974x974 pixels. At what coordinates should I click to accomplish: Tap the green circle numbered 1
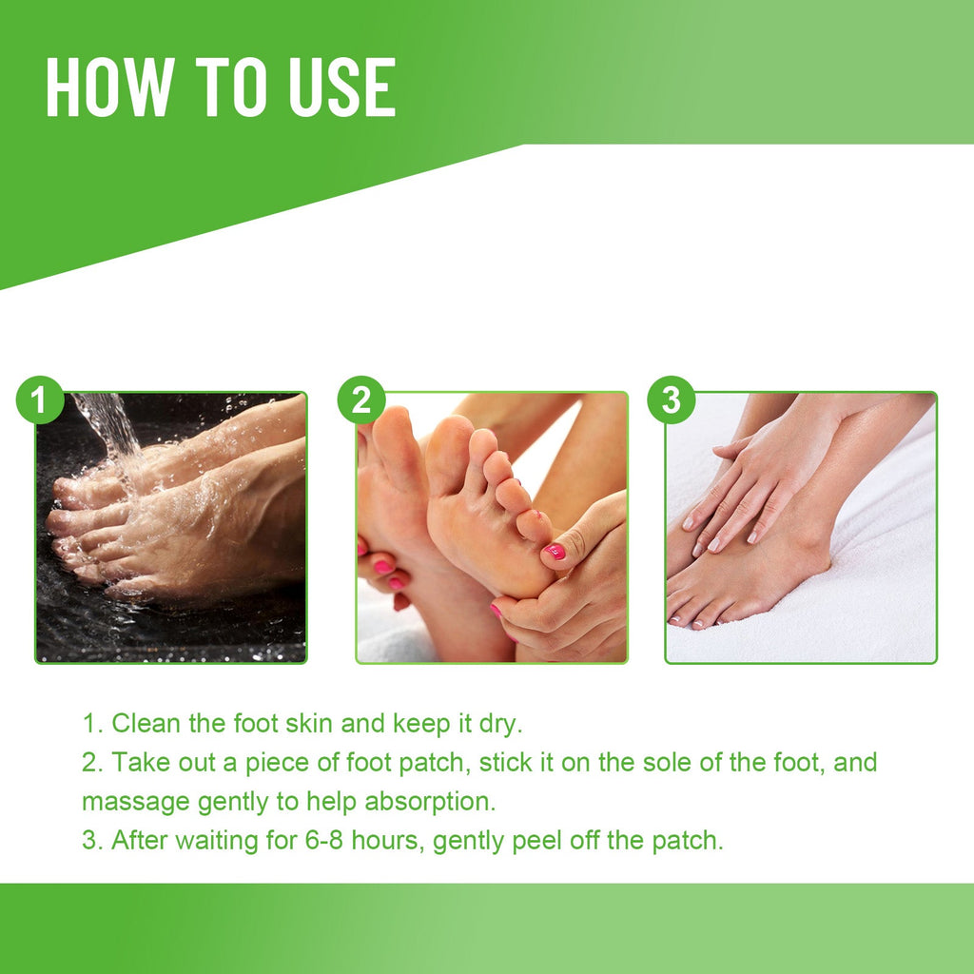point(39,400)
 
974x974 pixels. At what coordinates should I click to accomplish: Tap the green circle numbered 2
point(361,400)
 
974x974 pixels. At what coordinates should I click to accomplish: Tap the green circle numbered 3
point(672,400)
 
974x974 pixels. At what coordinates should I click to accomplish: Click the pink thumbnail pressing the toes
point(555,551)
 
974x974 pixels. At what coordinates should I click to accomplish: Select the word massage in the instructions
point(136,801)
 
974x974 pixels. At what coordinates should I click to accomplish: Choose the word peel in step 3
point(546,841)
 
